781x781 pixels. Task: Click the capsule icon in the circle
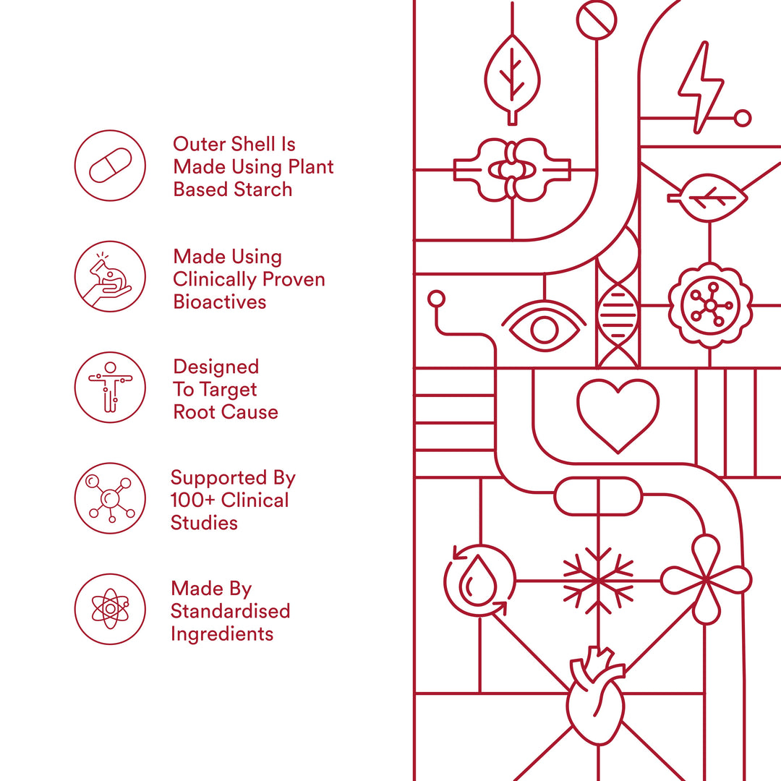click(110, 166)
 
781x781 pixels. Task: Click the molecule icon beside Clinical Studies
click(110, 498)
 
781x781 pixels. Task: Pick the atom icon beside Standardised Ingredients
click(110, 609)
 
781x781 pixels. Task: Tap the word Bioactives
click(220, 302)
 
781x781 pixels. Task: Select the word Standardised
click(230, 611)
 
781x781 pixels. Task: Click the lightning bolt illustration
click(700, 88)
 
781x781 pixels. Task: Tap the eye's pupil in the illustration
click(544, 329)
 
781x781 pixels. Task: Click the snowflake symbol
click(598, 581)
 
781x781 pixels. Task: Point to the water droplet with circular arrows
click(479, 581)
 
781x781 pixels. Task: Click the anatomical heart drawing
click(596, 696)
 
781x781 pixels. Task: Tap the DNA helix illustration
click(618, 299)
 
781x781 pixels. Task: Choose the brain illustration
click(512, 170)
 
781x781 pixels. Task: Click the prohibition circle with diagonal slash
click(596, 20)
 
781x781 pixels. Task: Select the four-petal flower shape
click(706, 580)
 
